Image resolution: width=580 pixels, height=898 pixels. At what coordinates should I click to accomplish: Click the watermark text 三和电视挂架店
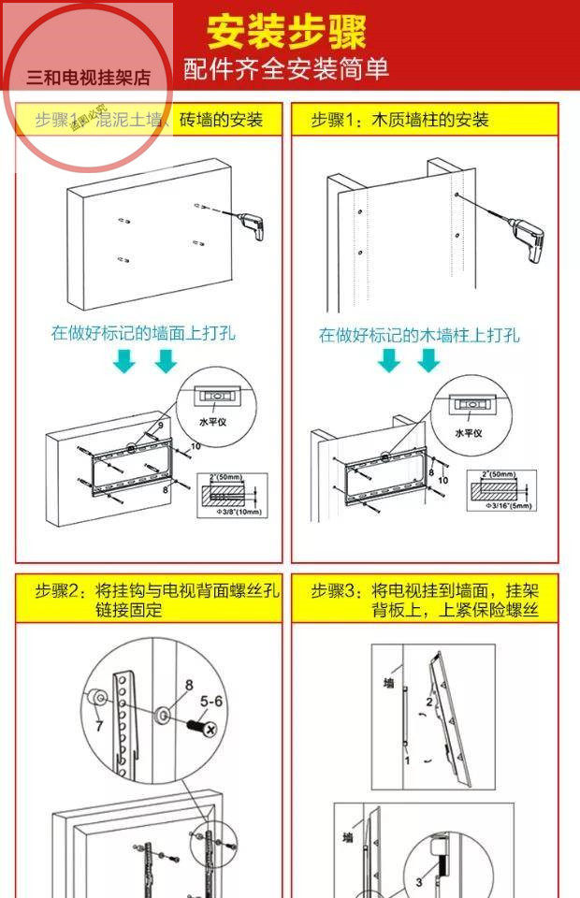(89, 79)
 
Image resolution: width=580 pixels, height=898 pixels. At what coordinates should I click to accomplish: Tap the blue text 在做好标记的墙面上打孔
(143, 333)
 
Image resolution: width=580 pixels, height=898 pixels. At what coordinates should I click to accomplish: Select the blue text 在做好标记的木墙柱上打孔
(419, 335)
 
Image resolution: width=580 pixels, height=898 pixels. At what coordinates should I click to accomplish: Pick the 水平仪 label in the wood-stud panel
(468, 433)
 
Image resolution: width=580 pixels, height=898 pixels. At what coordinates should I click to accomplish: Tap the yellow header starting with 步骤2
(150, 600)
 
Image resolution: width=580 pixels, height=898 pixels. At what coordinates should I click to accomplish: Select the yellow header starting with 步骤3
(426, 600)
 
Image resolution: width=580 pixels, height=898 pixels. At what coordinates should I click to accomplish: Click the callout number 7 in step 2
(99, 726)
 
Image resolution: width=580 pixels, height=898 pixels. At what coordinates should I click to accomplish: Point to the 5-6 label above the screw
(210, 699)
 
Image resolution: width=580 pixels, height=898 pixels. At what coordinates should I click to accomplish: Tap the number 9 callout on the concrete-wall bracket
(160, 427)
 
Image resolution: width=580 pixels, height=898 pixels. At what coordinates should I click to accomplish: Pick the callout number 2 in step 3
(429, 702)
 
